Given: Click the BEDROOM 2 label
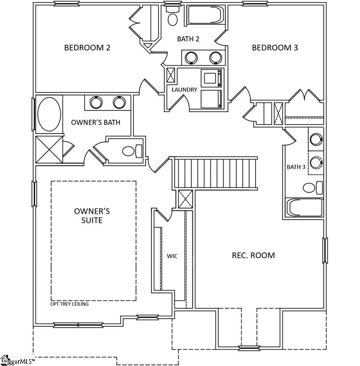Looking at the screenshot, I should pyautogui.click(x=87, y=48).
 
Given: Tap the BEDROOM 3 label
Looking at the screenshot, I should pyautogui.click(x=275, y=48).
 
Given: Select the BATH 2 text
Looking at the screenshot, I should pyautogui.click(x=188, y=39).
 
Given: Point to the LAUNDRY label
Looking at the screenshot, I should pyautogui.click(x=184, y=90).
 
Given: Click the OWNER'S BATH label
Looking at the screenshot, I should pyautogui.click(x=95, y=122).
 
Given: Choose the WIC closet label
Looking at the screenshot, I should pyautogui.click(x=172, y=256).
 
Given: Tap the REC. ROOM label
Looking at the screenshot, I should pyautogui.click(x=253, y=255).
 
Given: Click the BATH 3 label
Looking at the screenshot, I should pyautogui.click(x=296, y=167).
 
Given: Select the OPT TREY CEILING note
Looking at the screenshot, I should pyautogui.click(x=69, y=304).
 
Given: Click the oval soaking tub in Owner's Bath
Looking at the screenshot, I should pyautogui.click(x=49, y=114).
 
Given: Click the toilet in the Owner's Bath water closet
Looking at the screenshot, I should pyautogui.click(x=131, y=151).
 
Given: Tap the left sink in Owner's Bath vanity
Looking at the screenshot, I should pyautogui.click(x=96, y=102).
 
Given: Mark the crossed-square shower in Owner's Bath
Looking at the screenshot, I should pyautogui.click(x=49, y=149).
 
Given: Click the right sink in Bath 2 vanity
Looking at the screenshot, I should pyautogui.click(x=215, y=58).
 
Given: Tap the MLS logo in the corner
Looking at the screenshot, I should pyautogui.click(x=17, y=360).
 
